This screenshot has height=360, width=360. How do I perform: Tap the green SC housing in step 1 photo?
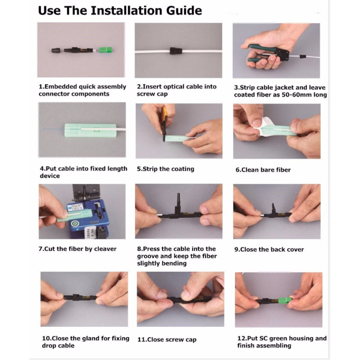[x=105, y=49]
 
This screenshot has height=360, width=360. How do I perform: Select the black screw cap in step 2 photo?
[x=176, y=51]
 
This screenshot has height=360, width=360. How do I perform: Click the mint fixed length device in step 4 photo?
[x=90, y=130]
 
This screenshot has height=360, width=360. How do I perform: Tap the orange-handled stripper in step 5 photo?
[x=164, y=124]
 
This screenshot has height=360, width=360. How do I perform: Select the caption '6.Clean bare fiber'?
[x=263, y=170]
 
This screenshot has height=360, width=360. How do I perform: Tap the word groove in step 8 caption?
[x=149, y=256]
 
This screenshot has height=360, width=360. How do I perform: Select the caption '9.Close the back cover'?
[x=269, y=250]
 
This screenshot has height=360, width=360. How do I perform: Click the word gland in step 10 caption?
[x=90, y=339]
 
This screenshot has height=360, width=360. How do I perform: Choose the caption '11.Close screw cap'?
[x=167, y=340]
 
